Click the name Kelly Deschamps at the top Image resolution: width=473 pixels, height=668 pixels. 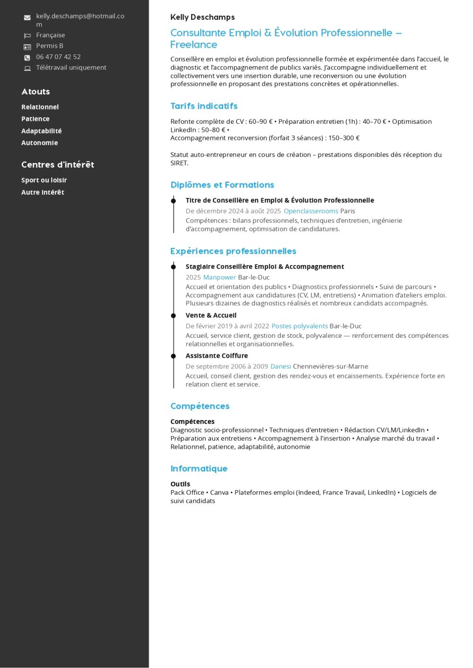202,17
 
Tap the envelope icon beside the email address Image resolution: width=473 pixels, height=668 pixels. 27,18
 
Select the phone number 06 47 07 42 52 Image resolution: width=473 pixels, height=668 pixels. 58,57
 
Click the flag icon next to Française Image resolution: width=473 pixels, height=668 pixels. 27,35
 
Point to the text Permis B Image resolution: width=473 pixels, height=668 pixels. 50,46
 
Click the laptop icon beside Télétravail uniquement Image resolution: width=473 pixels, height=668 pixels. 27,68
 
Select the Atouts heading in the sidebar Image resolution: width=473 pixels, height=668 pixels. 35,92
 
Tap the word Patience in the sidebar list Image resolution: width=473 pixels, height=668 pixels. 35,119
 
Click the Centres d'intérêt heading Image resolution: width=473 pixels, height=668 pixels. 58,165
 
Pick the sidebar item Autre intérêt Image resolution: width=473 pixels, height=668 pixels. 43,192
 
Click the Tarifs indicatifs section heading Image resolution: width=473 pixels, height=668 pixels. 204,106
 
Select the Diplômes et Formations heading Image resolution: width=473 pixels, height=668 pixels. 222,185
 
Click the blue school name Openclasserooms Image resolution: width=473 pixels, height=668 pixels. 311,211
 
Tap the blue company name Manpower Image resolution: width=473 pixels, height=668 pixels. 219,277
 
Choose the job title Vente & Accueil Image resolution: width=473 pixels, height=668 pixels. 211,316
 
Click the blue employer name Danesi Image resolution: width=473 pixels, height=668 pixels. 280,367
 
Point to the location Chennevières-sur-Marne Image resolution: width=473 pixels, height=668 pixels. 330,367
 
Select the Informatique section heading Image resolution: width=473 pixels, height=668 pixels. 199,469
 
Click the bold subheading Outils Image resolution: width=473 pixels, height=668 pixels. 180,484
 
